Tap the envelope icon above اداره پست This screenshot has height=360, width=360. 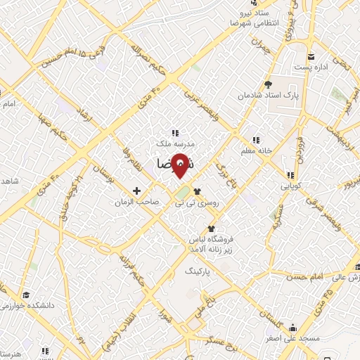point(310,56)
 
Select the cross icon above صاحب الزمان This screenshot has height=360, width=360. point(137,191)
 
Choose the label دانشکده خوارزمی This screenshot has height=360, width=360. point(26,307)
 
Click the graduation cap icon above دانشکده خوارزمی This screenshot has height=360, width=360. point(26,295)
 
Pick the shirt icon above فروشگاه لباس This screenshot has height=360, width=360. point(210,229)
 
